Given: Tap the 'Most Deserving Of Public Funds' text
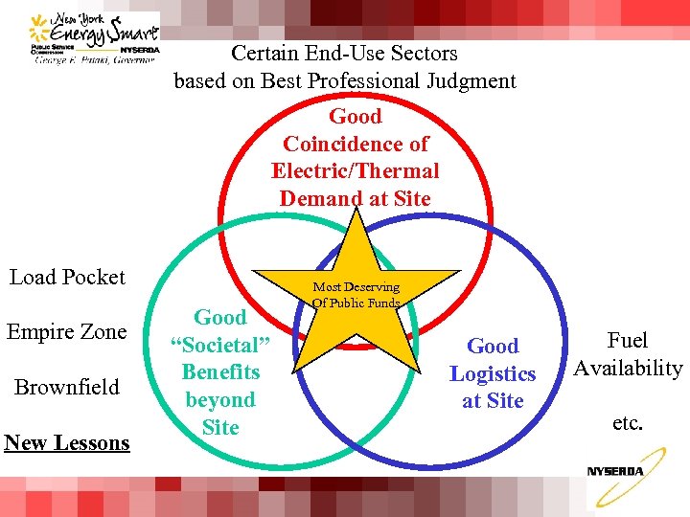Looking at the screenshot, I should click(x=356, y=295).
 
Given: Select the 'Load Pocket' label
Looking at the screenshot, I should click(x=67, y=277).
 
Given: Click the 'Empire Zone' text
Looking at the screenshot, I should click(x=67, y=332).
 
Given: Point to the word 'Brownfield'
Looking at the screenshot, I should click(x=66, y=387).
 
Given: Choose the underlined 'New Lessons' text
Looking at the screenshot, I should click(x=67, y=442).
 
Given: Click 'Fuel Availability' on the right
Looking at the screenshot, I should click(x=628, y=354).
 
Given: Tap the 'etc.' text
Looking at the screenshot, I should click(x=628, y=422).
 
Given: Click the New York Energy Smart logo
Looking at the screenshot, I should click(x=94, y=38).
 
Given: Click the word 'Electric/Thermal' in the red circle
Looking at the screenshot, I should click(x=355, y=171).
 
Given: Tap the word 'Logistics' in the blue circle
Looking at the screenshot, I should click(x=493, y=373).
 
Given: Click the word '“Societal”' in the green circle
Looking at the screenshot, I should click(x=220, y=345).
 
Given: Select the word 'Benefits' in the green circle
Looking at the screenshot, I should click(x=220, y=372).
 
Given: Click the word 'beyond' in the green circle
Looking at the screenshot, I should click(x=220, y=400).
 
